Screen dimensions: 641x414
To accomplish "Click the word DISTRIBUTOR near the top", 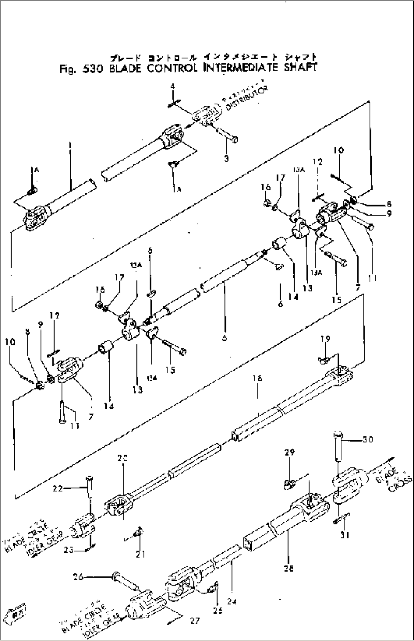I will pos(247,99).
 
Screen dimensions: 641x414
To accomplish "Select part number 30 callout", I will pos(368,439).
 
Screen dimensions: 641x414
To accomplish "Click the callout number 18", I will pos(259,378).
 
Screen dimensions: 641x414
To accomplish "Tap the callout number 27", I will pos(195,621).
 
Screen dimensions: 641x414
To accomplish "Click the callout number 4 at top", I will pos(172,87).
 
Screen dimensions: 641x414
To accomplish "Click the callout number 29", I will pos(290,452).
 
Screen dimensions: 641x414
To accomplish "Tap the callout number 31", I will pos(345,535).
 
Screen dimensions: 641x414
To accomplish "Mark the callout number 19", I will pos(325,339).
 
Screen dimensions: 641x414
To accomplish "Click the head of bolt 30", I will pos(338,435).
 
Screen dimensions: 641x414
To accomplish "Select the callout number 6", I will pos(280,304).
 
